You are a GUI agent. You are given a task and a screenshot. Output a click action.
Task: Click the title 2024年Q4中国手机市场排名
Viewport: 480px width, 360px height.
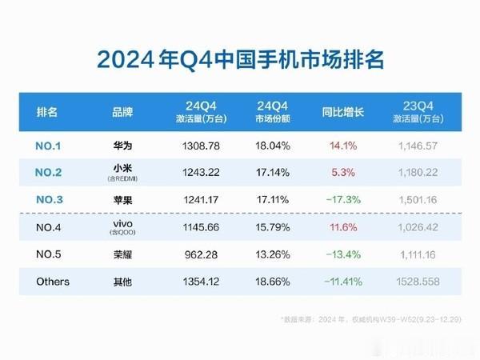[x=239, y=60]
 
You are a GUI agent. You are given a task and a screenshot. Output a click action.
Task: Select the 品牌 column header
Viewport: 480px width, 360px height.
[x=122, y=111]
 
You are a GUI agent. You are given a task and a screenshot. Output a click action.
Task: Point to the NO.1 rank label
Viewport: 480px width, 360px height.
[x=53, y=147]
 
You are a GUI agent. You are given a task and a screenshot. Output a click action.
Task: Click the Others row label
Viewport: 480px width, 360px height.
[x=53, y=282]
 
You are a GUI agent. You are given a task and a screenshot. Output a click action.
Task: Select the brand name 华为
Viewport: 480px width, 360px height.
[x=122, y=147]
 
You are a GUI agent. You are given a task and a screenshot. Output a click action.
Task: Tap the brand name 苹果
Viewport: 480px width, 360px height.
[x=122, y=201]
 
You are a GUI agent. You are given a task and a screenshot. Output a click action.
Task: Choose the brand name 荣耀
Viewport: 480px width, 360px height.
[x=122, y=255]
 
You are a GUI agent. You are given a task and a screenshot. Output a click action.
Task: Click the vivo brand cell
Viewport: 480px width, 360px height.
[x=122, y=228]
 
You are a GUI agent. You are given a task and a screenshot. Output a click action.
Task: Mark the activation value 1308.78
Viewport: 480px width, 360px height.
[x=194, y=147]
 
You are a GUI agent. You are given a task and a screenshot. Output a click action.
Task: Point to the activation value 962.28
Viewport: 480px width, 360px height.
[x=194, y=255]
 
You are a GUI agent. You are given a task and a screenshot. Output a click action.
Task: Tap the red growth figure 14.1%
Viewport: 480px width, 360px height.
[x=342, y=147]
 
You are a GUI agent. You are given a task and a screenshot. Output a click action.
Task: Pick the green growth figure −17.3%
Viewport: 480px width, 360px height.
[x=342, y=201]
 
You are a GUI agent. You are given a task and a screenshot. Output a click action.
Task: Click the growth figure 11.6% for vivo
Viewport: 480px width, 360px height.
[x=342, y=228]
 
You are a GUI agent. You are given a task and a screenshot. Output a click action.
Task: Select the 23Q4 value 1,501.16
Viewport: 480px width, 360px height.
[x=420, y=201]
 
